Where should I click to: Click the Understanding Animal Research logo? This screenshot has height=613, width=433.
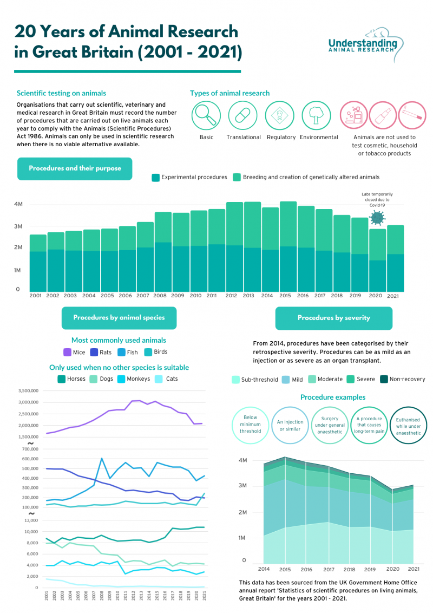[x=363, y=41]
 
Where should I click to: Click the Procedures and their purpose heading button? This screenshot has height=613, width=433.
[x=75, y=168]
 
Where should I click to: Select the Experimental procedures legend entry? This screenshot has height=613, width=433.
[x=189, y=177]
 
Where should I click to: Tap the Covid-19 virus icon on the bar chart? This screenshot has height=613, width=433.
[x=377, y=218]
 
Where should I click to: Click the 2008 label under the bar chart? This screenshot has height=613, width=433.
[x=161, y=296]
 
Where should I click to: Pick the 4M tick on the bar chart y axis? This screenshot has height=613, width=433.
[x=18, y=204]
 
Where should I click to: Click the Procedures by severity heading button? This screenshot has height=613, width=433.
[x=334, y=318]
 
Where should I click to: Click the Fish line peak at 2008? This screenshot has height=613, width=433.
[x=102, y=459]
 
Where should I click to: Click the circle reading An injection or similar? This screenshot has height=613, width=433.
[x=290, y=426]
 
